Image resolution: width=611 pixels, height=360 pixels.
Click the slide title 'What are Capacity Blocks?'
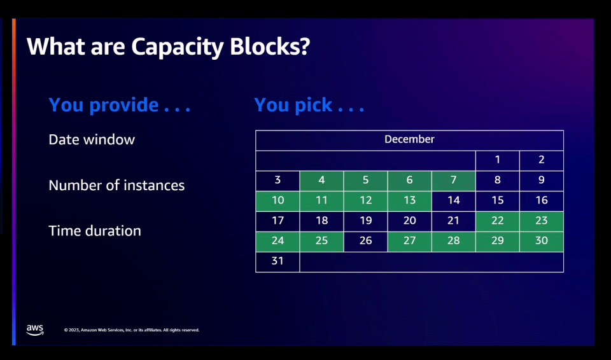pyautogui.click(x=168, y=46)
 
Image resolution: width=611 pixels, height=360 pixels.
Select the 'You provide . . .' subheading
pyautogui.click(x=119, y=104)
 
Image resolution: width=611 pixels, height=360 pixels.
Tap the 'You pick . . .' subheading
pyautogui.click(x=309, y=104)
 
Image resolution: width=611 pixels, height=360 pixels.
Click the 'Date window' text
pyautogui.click(x=92, y=139)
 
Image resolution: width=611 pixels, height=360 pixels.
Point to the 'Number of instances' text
pyautogui.click(x=116, y=185)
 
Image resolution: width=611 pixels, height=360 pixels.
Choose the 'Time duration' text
pyautogui.click(x=95, y=230)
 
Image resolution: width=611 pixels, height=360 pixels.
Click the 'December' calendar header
pyautogui.click(x=409, y=139)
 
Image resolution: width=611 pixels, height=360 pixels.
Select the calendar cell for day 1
pyautogui.click(x=497, y=160)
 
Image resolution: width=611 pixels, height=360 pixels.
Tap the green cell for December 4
pyautogui.click(x=321, y=181)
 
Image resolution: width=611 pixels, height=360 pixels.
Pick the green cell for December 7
pyautogui.click(x=453, y=181)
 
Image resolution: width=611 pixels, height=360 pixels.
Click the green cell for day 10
pyautogui.click(x=277, y=201)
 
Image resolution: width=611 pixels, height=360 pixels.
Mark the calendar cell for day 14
pyautogui.click(x=453, y=201)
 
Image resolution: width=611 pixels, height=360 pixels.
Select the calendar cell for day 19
pyautogui.click(x=365, y=221)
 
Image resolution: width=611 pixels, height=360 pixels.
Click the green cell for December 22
pyautogui.click(x=497, y=221)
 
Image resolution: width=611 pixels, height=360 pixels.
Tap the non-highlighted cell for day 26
pyautogui.click(x=365, y=242)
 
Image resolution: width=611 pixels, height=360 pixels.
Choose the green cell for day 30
pyautogui.click(x=541, y=242)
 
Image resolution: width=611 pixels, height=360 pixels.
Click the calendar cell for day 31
pyautogui.click(x=277, y=261)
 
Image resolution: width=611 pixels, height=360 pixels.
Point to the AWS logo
pyautogui.click(x=35, y=329)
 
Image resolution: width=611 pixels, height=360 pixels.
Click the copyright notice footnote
pyautogui.click(x=132, y=330)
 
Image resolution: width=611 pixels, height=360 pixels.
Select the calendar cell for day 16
pyautogui.click(x=541, y=201)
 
